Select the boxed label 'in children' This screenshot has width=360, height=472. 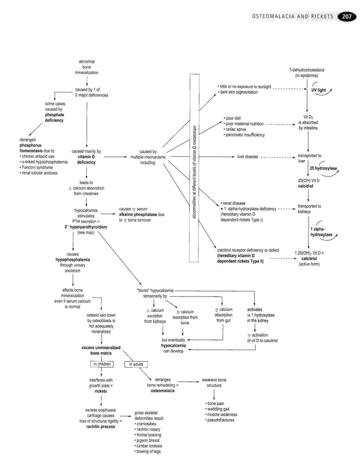[101, 364]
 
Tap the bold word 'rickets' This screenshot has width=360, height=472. [101, 390]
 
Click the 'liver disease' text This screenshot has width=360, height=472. [248, 156]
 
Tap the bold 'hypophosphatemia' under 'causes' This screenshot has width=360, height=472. [72, 260]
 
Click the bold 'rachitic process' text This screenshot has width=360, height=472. [101, 427]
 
